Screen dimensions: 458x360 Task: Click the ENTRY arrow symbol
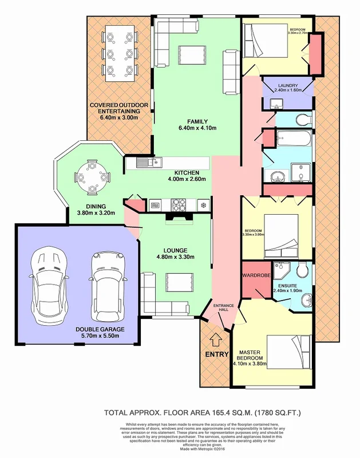215,340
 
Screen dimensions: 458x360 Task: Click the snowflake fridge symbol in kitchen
202,204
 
